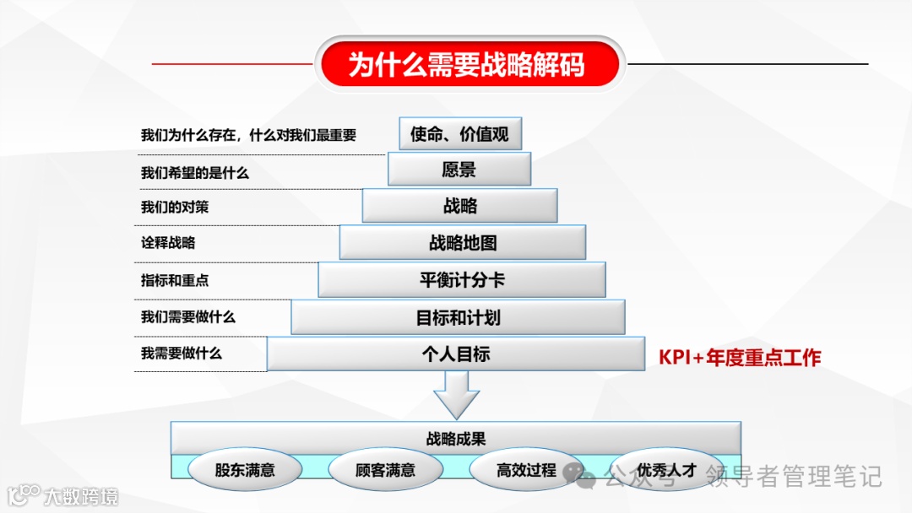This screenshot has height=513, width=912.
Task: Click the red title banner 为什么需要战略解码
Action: click(468, 64)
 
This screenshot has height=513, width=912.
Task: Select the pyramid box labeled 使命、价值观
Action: click(460, 134)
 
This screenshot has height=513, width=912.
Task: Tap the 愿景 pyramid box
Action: click(459, 170)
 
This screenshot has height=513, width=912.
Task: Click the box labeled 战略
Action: click(460, 206)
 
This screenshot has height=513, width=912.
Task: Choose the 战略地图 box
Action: click(463, 243)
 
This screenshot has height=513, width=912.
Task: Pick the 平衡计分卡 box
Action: click(462, 280)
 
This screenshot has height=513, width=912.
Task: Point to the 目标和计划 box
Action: click(459, 317)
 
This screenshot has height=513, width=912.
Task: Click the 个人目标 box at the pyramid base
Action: click(456, 354)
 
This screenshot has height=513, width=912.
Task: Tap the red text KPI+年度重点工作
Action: click(740, 358)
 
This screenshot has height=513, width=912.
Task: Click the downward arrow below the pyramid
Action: click(457, 395)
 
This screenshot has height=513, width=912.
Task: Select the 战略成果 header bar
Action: click(456, 439)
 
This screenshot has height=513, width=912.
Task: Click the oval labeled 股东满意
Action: click(245, 470)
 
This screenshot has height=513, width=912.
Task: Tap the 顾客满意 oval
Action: click(385, 470)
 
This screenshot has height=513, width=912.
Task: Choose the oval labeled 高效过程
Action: click(526, 470)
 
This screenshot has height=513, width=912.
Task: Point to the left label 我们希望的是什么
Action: click(195, 173)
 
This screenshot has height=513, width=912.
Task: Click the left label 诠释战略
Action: click(168, 243)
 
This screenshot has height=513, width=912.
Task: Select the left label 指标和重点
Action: click(175, 280)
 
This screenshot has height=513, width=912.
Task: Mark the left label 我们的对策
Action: click(175, 208)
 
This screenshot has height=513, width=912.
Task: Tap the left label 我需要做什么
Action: click(182, 354)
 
